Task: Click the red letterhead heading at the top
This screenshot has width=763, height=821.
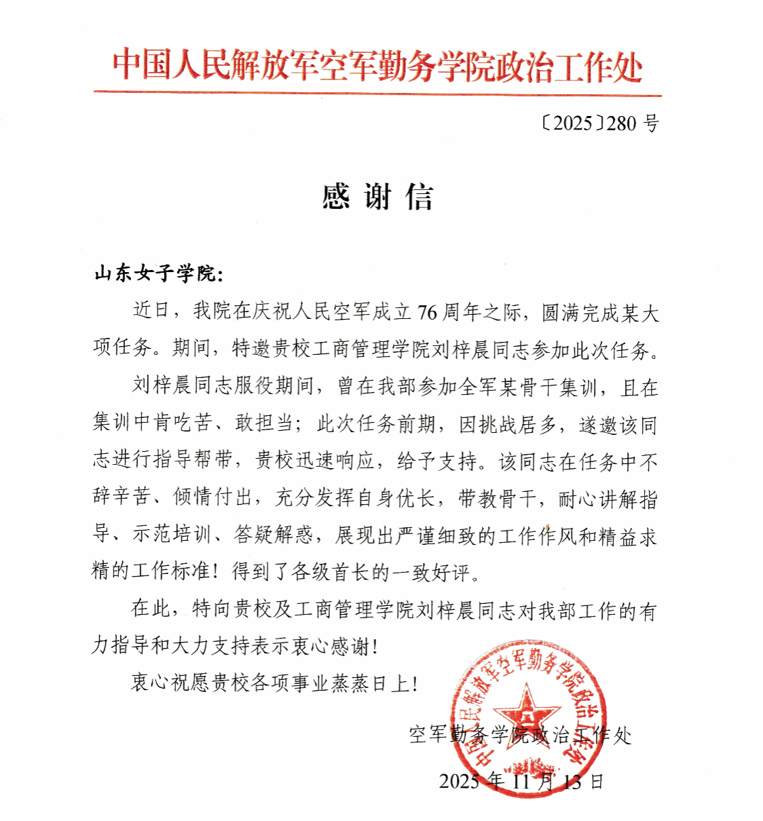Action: click(x=377, y=66)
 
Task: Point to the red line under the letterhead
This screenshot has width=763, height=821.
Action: click(x=377, y=93)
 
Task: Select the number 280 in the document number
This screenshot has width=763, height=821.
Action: click(x=621, y=123)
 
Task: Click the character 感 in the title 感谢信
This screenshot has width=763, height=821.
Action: click(x=336, y=197)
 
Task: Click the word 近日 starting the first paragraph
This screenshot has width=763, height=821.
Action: click(x=151, y=311)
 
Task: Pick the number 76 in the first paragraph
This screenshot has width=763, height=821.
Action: click(x=427, y=312)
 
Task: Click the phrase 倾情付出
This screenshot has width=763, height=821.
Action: click(x=212, y=498)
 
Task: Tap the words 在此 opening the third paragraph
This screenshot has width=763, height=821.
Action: click(x=151, y=609)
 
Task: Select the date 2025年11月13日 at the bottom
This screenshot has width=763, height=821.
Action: click(x=521, y=782)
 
